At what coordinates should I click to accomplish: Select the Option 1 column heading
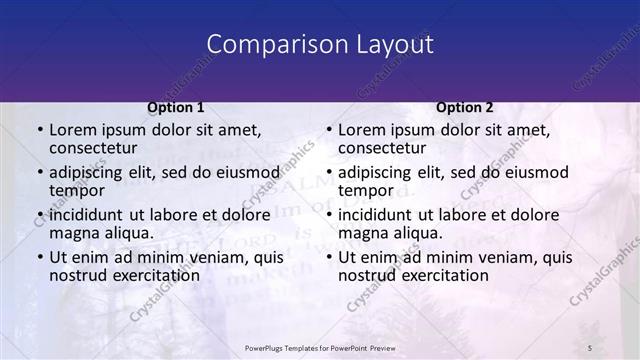tap(176, 107)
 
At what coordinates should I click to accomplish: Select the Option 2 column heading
tap(465, 107)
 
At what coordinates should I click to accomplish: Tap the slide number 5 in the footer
tap(590, 347)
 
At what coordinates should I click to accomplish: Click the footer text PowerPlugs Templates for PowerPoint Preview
tap(320, 347)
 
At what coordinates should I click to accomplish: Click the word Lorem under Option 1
tap(75, 131)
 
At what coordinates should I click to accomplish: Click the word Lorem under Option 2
tap(364, 131)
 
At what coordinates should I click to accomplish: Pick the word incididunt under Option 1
tap(88, 214)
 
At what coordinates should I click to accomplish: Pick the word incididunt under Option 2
tap(377, 214)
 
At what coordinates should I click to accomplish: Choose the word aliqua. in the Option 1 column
tap(128, 233)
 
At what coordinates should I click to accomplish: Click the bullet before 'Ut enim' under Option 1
tap(40, 257)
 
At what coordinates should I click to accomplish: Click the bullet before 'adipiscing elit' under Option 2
tap(329, 173)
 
